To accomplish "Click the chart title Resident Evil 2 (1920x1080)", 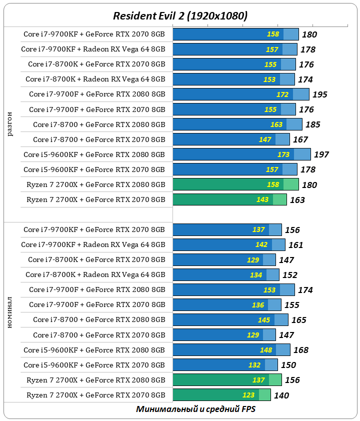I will [x=180, y=16].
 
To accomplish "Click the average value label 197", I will [x=321, y=154].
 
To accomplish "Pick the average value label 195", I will [x=320, y=94].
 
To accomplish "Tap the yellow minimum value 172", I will [x=283, y=94].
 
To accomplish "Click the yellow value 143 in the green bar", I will [x=262, y=199].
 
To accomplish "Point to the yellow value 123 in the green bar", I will [x=248, y=394].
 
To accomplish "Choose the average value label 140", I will [x=281, y=395].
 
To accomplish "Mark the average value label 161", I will [x=296, y=245].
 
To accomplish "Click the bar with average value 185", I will [x=237, y=124].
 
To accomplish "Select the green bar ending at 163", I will [x=229, y=199].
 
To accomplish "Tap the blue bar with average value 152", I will [x=225, y=274].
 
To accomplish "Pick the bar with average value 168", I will [x=231, y=349].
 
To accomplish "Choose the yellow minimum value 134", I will [x=256, y=274].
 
